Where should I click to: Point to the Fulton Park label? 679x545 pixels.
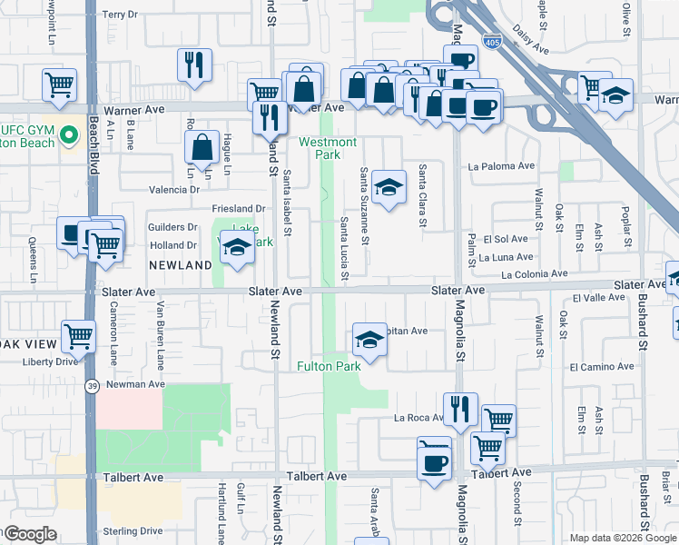tap(329, 366)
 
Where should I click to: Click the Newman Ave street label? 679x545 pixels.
tap(136, 384)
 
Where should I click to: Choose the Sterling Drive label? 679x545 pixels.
tap(133, 530)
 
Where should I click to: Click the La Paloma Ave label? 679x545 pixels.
tap(501, 166)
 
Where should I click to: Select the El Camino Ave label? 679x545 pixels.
tap(602, 366)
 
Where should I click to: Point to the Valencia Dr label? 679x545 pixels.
tap(175, 190)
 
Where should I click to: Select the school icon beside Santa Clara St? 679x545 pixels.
tap(389, 186)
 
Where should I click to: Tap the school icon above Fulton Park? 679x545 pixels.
tap(369, 339)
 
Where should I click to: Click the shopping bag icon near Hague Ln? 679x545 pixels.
tap(202, 147)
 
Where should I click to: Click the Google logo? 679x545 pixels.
tap(30, 534)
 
